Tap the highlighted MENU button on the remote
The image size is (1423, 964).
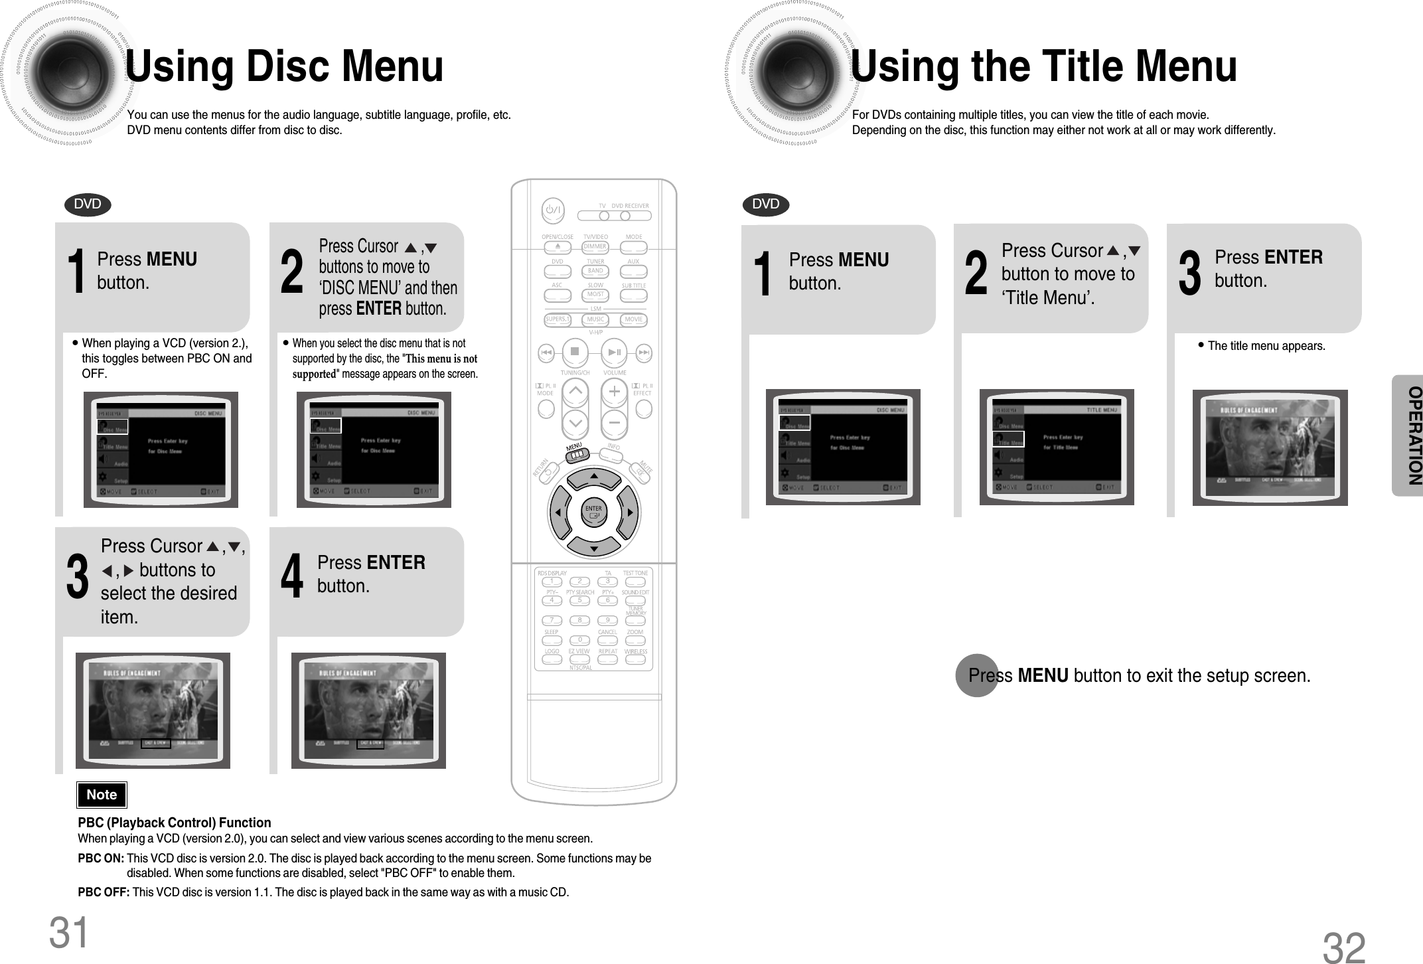[x=577, y=454]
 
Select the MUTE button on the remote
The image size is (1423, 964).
[x=641, y=472]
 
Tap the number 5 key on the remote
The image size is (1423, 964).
[x=579, y=601]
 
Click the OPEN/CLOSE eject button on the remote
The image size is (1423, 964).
[x=558, y=247]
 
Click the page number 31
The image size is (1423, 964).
[x=68, y=932]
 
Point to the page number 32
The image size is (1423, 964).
[x=1344, y=947]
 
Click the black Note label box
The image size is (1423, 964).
[x=102, y=795]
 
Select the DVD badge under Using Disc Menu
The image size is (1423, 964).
[x=88, y=204]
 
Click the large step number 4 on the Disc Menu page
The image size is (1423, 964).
[x=291, y=576]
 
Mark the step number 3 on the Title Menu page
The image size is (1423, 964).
[x=1189, y=274]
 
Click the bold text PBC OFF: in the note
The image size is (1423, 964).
[x=104, y=892]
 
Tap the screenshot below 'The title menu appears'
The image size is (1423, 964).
[x=1270, y=447]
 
